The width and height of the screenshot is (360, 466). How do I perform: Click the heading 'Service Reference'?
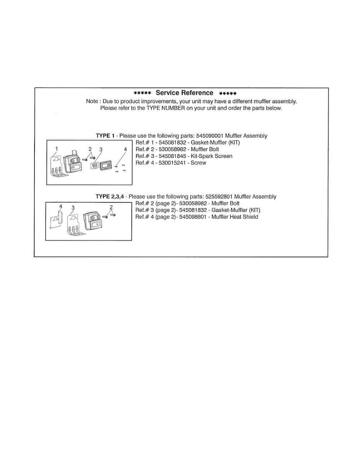(184, 93)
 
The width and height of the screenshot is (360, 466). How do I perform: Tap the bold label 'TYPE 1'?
(105, 136)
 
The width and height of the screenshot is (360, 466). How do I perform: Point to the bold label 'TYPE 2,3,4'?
(110, 197)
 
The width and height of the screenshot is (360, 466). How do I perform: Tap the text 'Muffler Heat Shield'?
(235, 217)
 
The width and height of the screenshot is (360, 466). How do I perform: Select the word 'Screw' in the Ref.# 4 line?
(198, 163)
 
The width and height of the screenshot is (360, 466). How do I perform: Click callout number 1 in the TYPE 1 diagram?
(57, 149)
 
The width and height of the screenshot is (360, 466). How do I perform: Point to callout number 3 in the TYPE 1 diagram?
(101, 149)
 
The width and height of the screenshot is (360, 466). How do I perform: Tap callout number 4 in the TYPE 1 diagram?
(125, 149)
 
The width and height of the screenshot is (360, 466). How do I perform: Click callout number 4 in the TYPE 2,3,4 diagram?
(60, 207)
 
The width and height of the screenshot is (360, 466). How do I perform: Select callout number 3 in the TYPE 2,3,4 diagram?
(73, 208)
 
